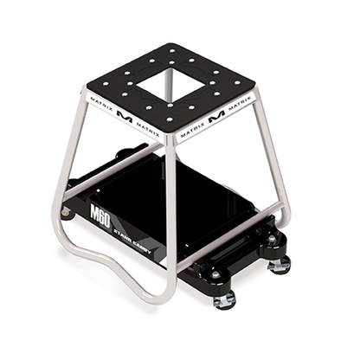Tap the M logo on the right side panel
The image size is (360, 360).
(216, 113)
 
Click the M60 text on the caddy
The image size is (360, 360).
(102, 212)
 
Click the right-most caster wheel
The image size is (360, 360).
(279, 264)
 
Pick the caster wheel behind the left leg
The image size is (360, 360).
(66, 210)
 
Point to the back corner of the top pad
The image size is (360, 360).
(173, 46)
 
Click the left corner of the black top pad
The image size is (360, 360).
(86, 87)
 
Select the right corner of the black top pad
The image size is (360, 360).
(255, 89)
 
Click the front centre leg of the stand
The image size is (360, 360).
(171, 216)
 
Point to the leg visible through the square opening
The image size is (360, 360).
(172, 87)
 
